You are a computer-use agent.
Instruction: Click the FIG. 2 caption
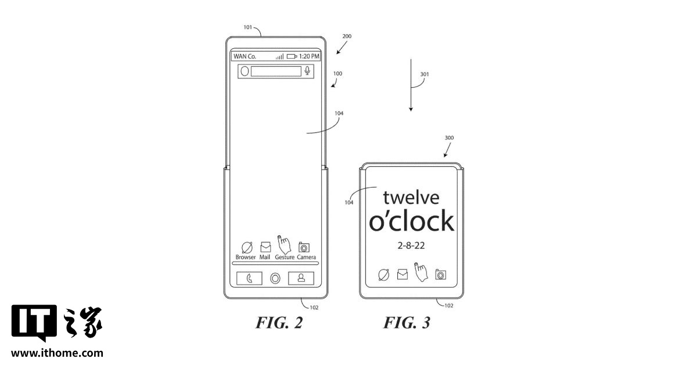pyautogui.click(x=279, y=323)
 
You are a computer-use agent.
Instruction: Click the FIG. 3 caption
pyautogui.click(x=407, y=323)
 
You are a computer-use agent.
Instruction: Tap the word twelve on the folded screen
pyautogui.click(x=411, y=198)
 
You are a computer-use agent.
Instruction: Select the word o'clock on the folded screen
pyautogui.click(x=411, y=221)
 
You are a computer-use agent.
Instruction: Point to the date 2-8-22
pyautogui.click(x=411, y=246)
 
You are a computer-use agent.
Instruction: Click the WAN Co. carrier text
pyautogui.click(x=245, y=56)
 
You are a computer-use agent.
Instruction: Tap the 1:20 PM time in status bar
pyautogui.click(x=308, y=56)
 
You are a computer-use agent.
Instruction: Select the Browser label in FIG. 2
pyautogui.click(x=246, y=257)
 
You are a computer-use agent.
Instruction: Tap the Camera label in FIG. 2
pyautogui.click(x=306, y=257)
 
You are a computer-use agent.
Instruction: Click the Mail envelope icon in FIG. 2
pyautogui.click(x=265, y=247)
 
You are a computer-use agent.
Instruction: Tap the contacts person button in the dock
pyautogui.click(x=301, y=278)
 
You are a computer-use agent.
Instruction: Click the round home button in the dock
pyautogui.click(x=275, y=278)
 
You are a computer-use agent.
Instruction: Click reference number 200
pyautogui.click(x=347, y=36)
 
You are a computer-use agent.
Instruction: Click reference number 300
pyautogui.click(x=449, y=138)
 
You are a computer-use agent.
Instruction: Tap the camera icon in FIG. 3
pyautogui.click(x=441, y=274)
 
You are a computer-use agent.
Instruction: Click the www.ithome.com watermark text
pyautogui.click(x=57, y=353)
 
